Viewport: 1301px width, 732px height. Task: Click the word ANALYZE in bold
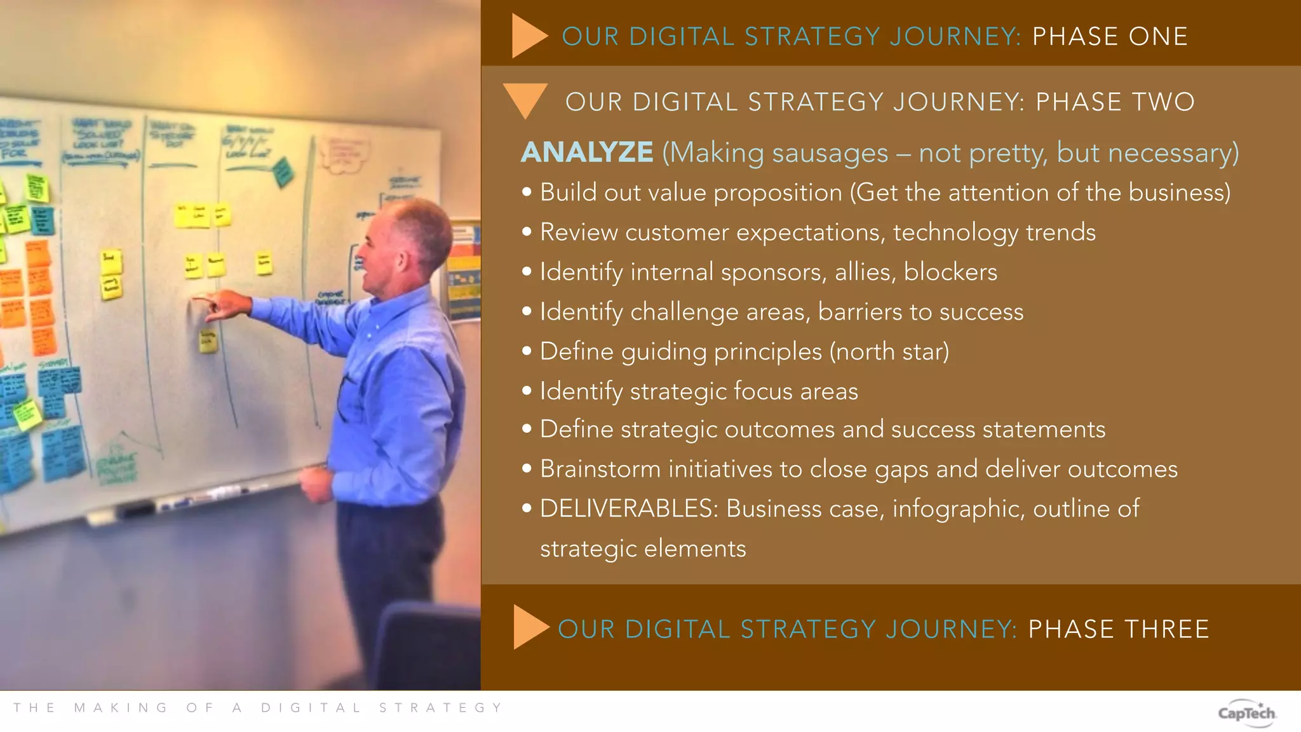point(587,152)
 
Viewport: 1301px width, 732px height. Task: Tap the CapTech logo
point(1246,714)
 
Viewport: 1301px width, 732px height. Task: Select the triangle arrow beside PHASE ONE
point(528,36)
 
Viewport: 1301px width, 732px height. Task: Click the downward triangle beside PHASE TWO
point(525,99)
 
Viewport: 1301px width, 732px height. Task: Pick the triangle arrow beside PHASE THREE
point(529,627)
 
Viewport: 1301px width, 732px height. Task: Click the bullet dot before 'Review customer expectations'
point(527,233)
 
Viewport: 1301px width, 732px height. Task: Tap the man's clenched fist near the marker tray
point(316,484)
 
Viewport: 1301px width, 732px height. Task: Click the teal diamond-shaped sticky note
point(282,172)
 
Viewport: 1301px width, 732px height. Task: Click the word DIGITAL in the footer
point(311,708)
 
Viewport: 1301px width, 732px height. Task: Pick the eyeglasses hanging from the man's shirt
point(346,397)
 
